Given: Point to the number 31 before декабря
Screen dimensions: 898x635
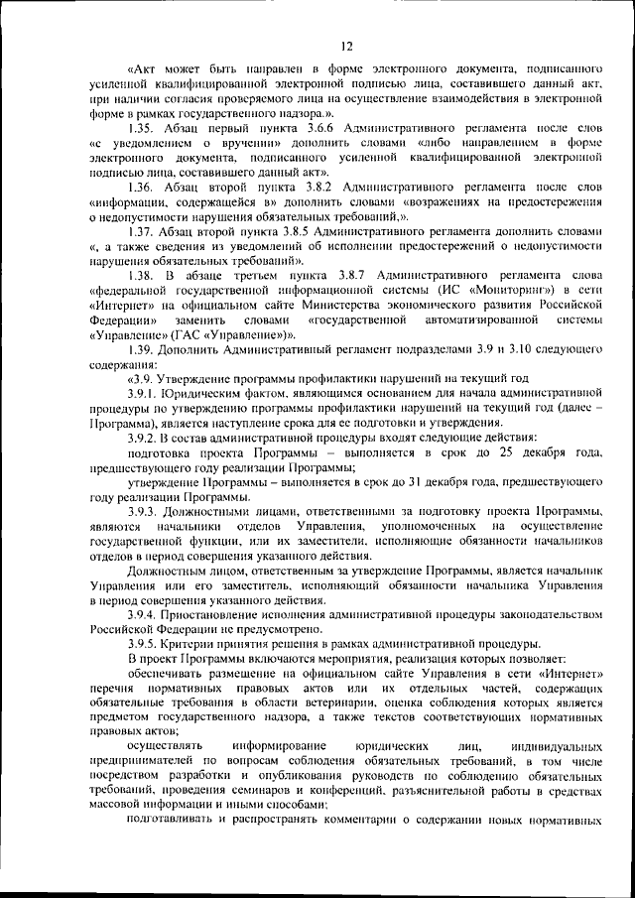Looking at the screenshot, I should point(376,480).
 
